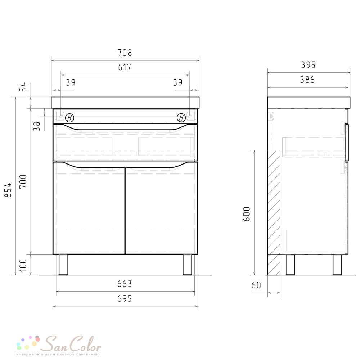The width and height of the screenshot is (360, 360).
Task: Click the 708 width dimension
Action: [125, 53]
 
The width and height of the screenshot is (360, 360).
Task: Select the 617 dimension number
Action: [125, 67]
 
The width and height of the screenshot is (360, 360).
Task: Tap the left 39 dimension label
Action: [71, 82]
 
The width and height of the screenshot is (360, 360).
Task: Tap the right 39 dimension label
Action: [178, 82]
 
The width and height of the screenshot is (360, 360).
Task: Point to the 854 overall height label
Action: [8, 190]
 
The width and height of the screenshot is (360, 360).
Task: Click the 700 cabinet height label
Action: [23, 181]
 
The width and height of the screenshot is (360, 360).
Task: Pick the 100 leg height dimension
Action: [23, 265]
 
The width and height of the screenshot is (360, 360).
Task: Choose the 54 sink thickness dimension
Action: [23, 87]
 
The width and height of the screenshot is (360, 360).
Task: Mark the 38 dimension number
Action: [37, 126]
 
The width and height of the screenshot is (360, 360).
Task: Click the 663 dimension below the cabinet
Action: [125, 284]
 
